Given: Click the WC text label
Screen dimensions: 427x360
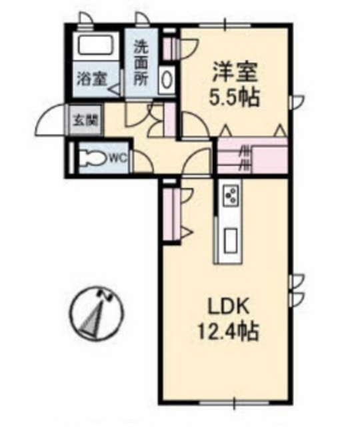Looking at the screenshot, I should pyautogui.click(x=118, y=158).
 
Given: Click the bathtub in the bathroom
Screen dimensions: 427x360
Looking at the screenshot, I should pyautogui.click(x=95, y=47).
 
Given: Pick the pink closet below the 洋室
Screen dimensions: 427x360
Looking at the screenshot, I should pyautogui.click(x=253, y=156).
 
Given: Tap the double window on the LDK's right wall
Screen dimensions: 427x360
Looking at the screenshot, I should pyautogui.click(x=297, y=286).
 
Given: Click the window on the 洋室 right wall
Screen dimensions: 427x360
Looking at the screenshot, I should pyautogui.click(x=297, y=101).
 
